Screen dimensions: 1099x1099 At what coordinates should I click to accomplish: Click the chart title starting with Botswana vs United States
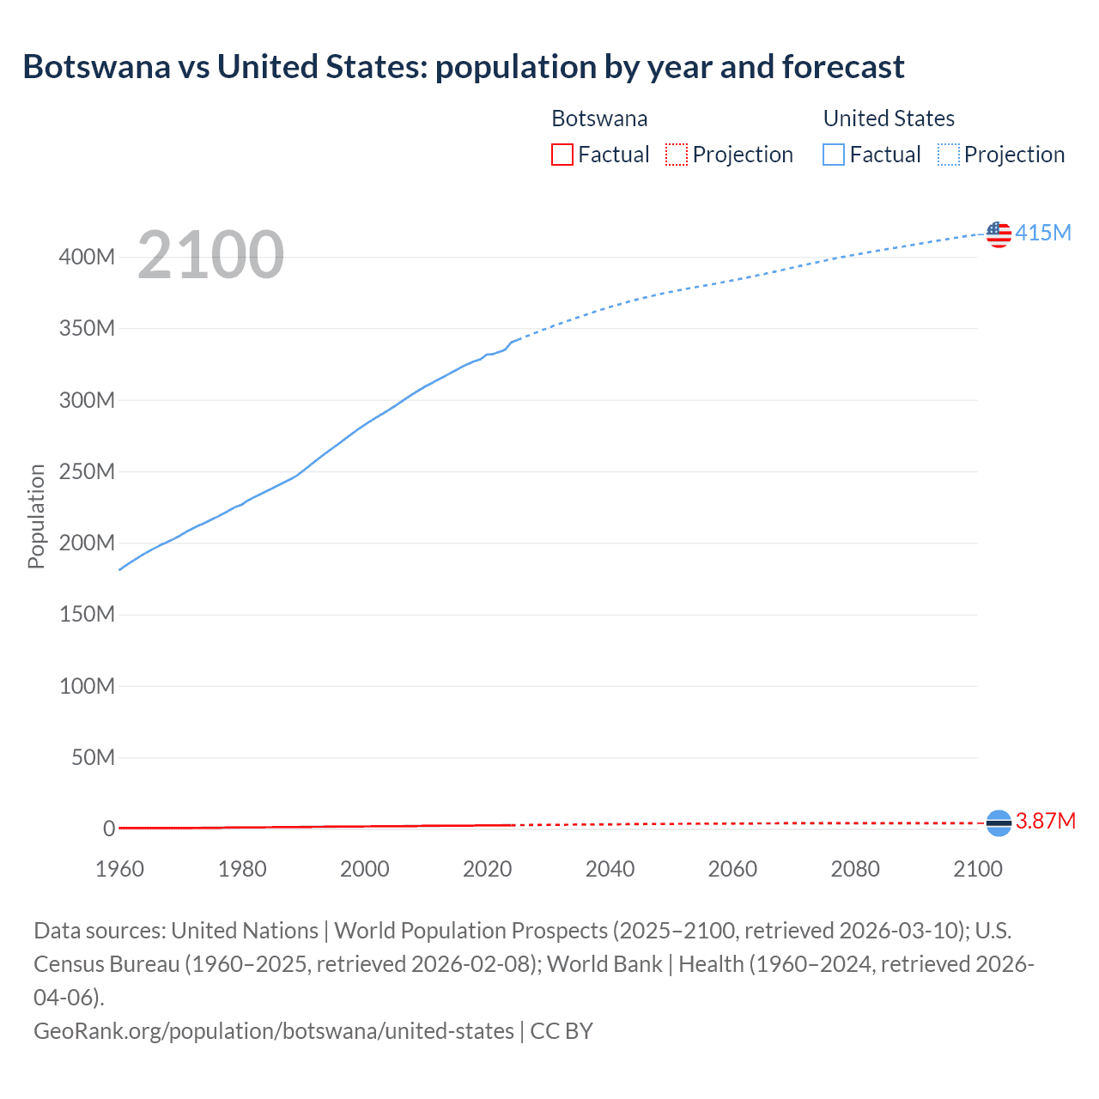(x=464, y=67)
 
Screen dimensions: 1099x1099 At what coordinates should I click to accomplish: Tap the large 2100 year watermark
(x=210, y=255)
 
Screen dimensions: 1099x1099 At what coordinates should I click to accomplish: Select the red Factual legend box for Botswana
(x=562, y=155)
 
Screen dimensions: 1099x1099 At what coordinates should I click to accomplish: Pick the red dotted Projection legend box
(x=677, y=155)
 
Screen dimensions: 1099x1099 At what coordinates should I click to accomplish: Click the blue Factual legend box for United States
(x=833, y=155)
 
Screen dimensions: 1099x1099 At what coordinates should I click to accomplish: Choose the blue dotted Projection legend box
(x=949, y=155)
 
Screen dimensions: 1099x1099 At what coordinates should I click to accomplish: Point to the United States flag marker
(x=999, y=234)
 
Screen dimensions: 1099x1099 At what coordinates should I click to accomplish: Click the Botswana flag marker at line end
(x=999, y=823)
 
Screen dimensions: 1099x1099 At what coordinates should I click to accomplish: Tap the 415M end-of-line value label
(x=1043, y=233)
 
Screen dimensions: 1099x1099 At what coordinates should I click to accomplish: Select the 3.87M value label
(x=1046, y=822)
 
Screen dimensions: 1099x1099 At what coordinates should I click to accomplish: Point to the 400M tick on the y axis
(x=87, y=257)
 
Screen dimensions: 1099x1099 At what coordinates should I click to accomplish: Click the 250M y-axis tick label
(x=87, y=471)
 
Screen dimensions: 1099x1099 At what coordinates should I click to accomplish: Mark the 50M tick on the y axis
(x=93, y=757)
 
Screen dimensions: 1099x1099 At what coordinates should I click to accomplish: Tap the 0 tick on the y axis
(x=109, y=829)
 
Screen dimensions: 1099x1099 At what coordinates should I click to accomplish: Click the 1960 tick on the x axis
(x=119, y=869)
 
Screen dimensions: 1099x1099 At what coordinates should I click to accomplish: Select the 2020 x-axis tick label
(x=487, y=869)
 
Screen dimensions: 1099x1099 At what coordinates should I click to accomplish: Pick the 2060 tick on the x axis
(x=732, y=869)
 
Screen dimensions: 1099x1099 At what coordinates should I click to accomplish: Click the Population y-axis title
(x=36, y=516)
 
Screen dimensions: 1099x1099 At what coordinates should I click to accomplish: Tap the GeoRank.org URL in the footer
(x=273, y=1030)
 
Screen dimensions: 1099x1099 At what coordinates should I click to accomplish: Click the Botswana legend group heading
(x=599, y=118)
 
